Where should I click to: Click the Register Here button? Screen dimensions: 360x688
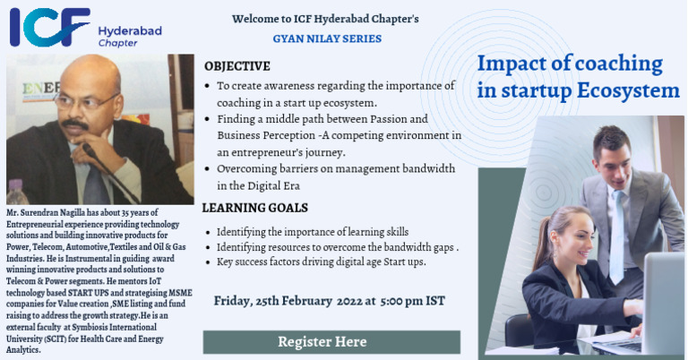322,341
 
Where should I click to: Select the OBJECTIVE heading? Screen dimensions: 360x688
236,66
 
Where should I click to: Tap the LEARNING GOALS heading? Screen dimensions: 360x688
254,208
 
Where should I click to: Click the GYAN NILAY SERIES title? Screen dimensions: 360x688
326,39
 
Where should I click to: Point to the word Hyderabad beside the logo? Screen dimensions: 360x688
130,30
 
